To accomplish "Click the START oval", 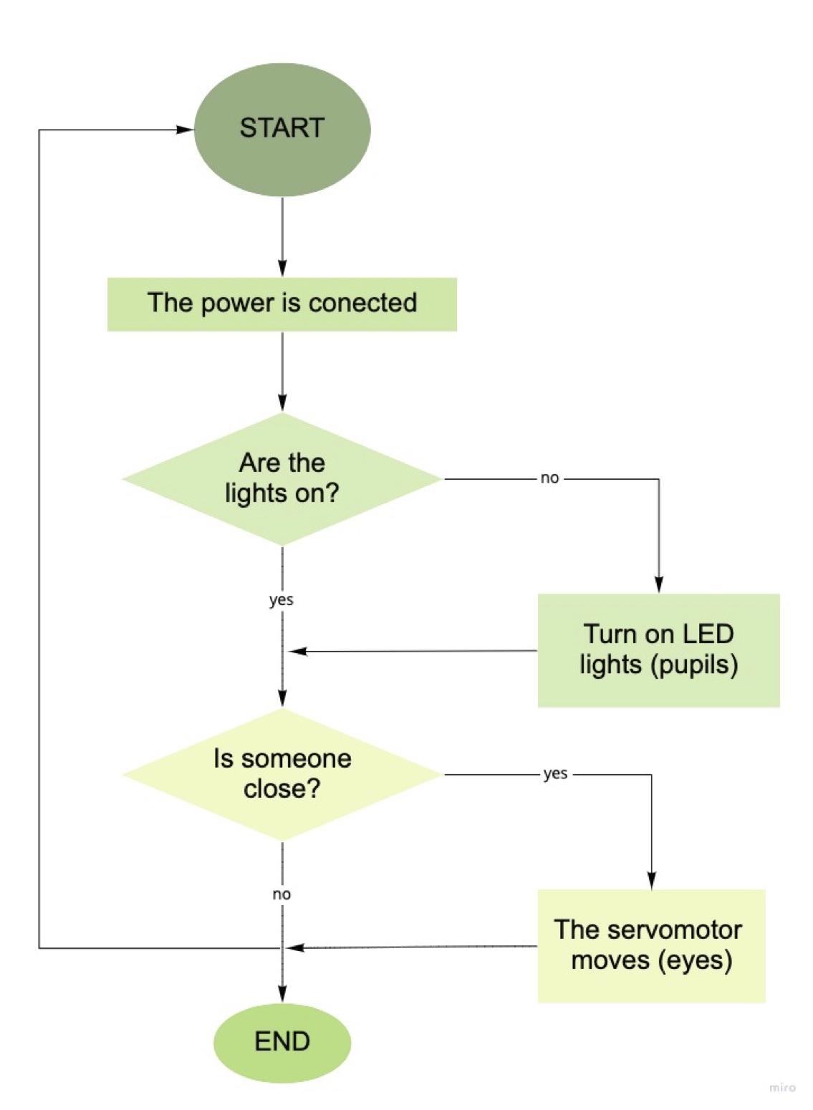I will click(x=282, y=130).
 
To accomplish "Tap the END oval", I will click(x=282, y=1042).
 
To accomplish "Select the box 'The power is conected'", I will click(x=282, y=304).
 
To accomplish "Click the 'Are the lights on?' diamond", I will click(x=282, y=478).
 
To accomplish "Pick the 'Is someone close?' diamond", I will click(x=282, y=774).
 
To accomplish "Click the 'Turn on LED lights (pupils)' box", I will click(x=658, y=650).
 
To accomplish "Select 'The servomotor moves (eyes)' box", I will click(x=651, y=945).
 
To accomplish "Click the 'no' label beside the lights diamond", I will click(x=549, y=478).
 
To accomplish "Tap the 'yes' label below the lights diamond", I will click(x=282, y=600).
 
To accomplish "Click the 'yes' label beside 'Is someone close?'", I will click(x=555, y=773).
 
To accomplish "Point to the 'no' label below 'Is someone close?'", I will click(x=282, y=894).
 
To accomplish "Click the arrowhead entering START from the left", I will click(x=186, y=130).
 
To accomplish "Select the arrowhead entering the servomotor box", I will click(x=652, y=881).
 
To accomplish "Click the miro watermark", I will click(x=782, y=1088).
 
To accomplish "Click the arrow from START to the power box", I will click(x=282, y=236).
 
